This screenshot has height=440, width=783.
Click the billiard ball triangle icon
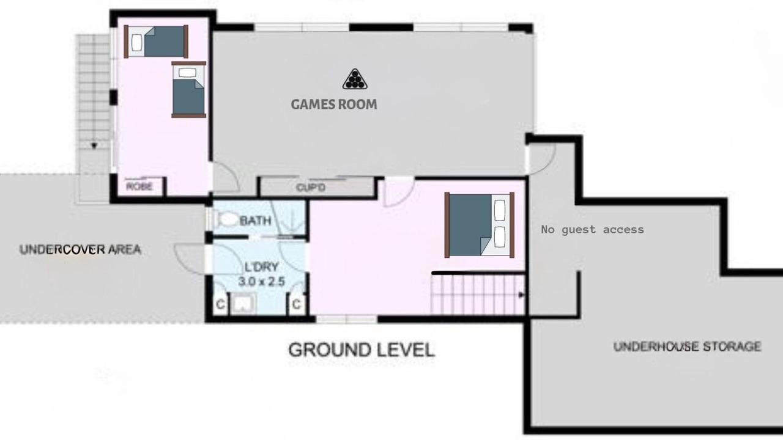click(x=355, y=79)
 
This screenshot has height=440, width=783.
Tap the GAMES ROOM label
click(x=334, y=105)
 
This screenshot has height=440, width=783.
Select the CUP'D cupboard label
click(x=310, y=188)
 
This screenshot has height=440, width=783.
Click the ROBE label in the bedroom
click(x=139, y=186)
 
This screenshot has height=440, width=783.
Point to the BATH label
click(x=256, y=221)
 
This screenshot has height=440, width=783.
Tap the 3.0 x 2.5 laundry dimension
click(x=261, y=282)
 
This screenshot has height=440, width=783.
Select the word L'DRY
click(x=261, y=267)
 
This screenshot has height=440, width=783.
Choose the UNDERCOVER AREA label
click(x=80, y=249)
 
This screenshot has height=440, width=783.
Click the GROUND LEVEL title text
click(x=362, y=350)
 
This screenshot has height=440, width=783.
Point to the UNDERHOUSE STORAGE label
click(x=687, y=346)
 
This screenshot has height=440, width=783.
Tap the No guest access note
click(x=593, y=230)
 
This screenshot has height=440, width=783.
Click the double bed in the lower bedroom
click(x=479, y=225)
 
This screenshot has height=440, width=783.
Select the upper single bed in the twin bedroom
click(x=156, y=42)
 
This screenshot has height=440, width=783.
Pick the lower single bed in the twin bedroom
click(x=189, y=90)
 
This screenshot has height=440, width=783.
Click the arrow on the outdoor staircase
click(x=94, y=145)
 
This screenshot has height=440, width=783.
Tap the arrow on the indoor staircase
click(x=522, y=295)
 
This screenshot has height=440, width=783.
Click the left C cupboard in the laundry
click(x=221, y=304)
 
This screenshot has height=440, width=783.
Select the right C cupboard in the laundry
click(x=297, y=304)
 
